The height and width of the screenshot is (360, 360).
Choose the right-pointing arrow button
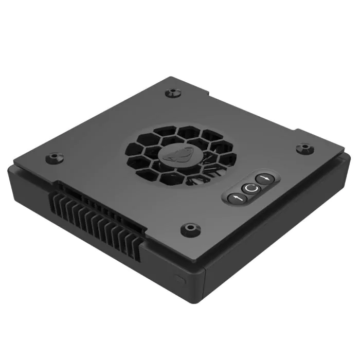[265, 179]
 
